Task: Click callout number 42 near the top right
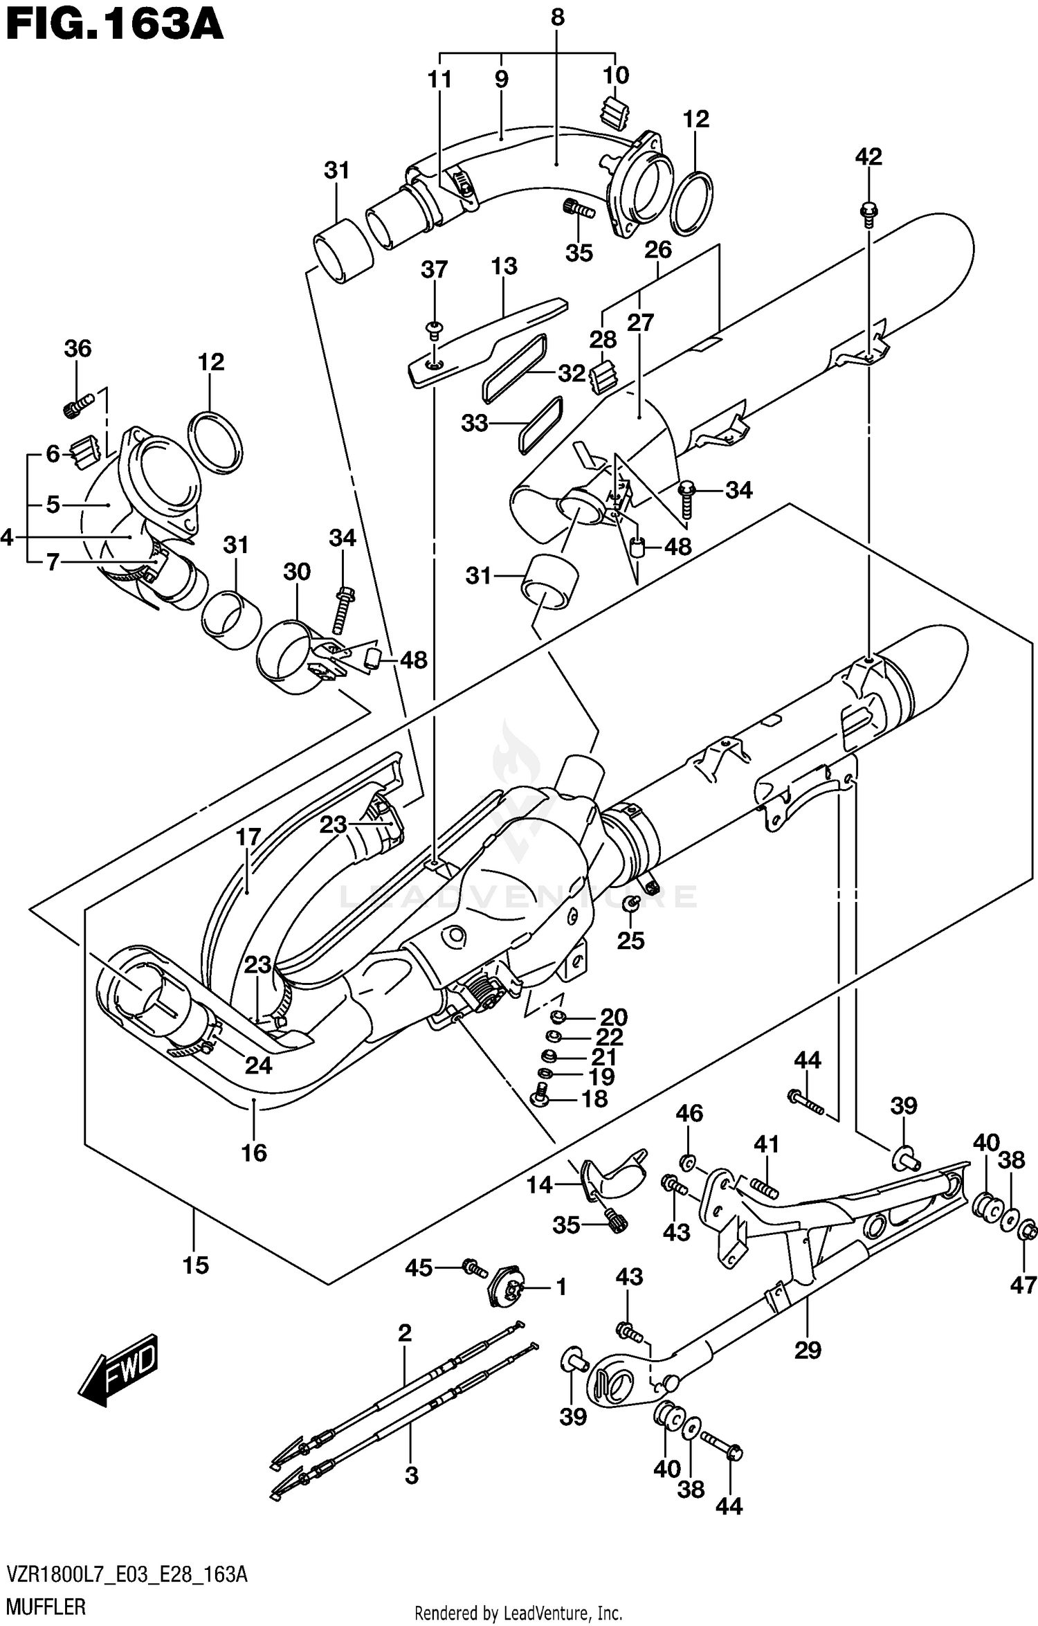868,157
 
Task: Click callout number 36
78,348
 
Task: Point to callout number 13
504,267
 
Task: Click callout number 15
196,1265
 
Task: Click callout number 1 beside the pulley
561,1288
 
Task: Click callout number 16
254,1153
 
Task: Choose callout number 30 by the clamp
297,572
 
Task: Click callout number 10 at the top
616,75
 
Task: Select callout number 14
539,1185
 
